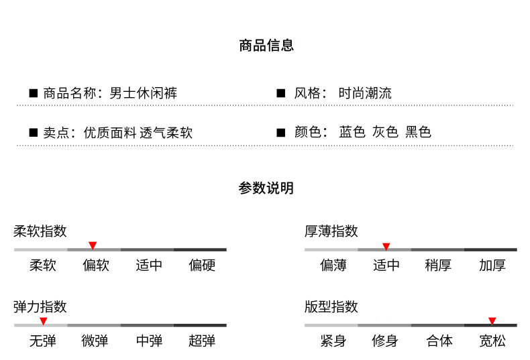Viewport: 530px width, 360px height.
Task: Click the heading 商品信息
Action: [266, 46]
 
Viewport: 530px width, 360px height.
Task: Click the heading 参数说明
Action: [266, 188]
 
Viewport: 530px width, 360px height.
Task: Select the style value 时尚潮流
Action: [366, 93]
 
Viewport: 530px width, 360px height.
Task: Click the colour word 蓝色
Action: [352, 132]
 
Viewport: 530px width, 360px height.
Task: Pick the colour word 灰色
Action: [386, 132]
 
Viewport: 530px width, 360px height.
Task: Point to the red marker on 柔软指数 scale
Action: [93, 245]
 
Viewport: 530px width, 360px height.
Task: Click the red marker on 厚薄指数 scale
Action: [386, 245]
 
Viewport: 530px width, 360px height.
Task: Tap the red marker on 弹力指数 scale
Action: [43, 321]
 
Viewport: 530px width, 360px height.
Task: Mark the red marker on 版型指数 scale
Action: [492, 321]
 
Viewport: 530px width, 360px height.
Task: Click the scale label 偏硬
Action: [203, 265]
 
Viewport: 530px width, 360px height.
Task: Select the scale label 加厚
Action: [492, 265]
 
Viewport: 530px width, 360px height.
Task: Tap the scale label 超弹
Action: [203, 341]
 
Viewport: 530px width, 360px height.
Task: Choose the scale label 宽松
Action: [492, 341]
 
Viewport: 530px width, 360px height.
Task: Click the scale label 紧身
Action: [333, 341]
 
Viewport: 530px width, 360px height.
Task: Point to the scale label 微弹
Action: [95, 341]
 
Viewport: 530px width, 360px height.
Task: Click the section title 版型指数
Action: [331, 307]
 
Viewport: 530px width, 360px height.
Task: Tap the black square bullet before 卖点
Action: [33, 132]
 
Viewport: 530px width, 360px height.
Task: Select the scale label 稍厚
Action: [438, 265]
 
